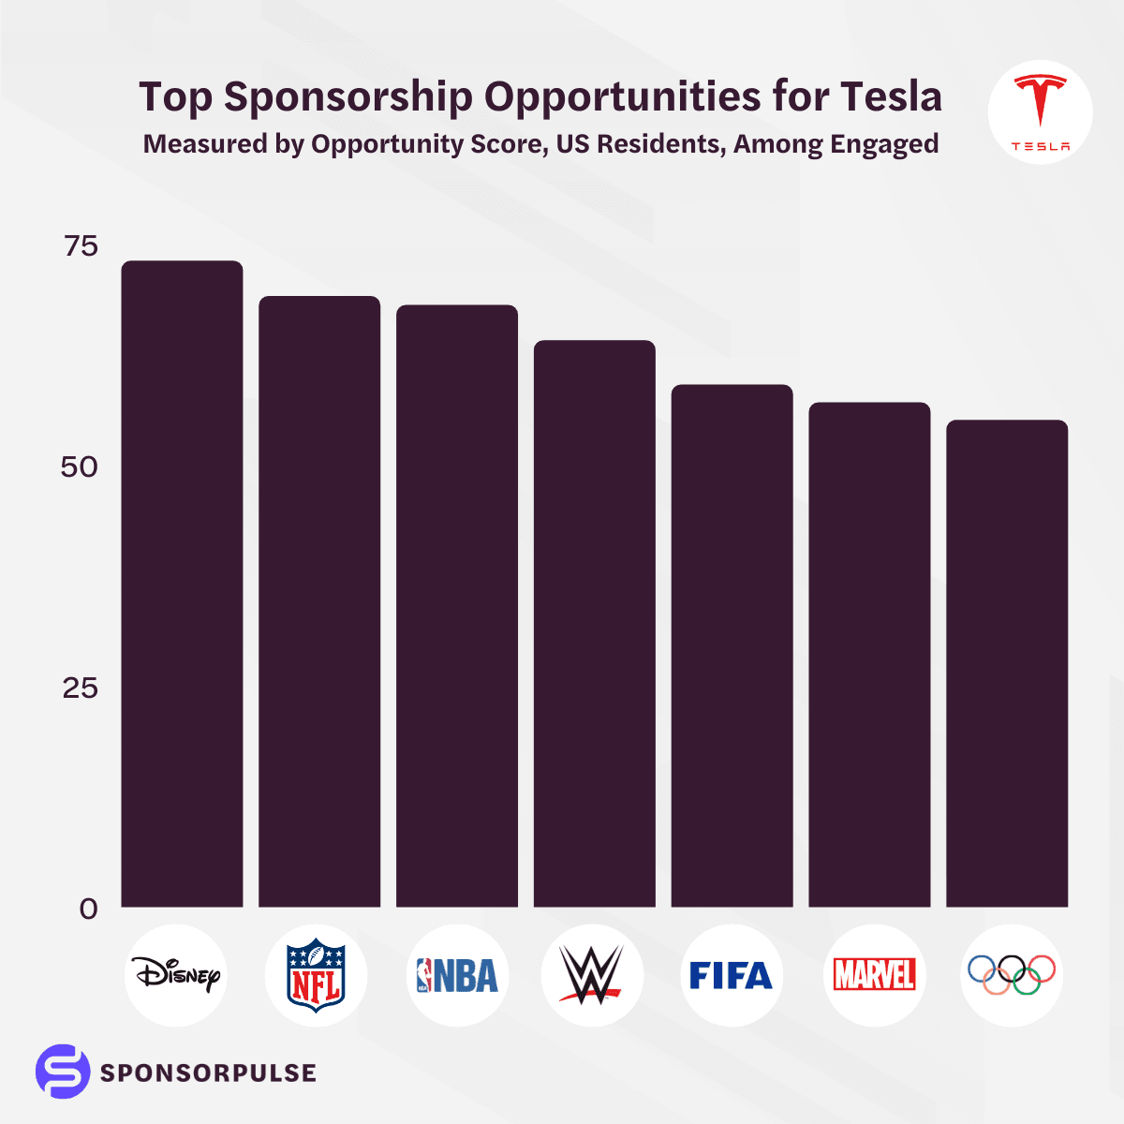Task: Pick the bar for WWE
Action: (594, 624)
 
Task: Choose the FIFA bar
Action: (732, 645)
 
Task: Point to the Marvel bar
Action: (869, 655)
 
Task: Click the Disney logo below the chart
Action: (176, 975)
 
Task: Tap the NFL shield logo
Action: (317, 975)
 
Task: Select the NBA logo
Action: (457, 975)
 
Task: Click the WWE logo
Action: (592, 975)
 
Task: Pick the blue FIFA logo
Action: (731, 975)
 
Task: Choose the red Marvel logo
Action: (874, 975)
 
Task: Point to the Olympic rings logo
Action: (1012, 975)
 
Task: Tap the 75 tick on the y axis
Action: (81, 246)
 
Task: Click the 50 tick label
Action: (80, 467)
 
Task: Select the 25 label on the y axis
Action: (81, 688)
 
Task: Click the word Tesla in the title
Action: (891, 96)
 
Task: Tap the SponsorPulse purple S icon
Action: (63, 1072)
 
